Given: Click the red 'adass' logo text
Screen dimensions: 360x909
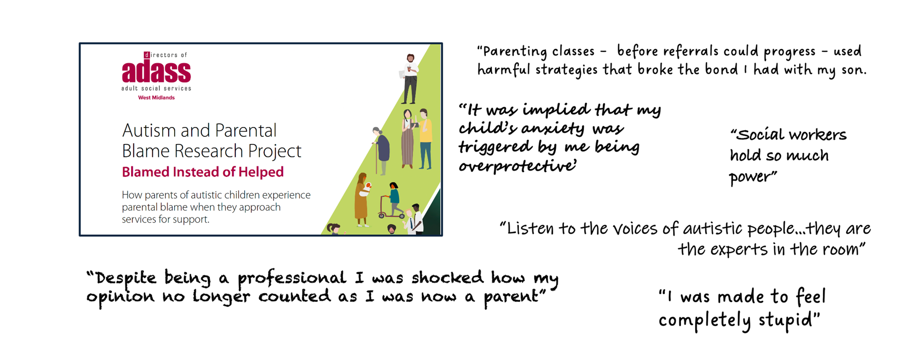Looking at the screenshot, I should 156,72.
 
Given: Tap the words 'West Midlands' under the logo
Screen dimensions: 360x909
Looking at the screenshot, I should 156,98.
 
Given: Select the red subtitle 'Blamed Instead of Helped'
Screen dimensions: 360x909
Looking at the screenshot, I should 203,171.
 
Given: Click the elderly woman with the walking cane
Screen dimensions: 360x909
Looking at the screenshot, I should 382,149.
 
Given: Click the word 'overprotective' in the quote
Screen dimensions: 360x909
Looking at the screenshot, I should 517,166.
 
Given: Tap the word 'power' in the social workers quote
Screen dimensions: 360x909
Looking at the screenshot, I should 752,177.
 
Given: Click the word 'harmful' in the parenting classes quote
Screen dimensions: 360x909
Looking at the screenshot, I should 504,70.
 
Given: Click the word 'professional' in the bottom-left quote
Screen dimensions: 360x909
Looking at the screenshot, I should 292,278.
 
